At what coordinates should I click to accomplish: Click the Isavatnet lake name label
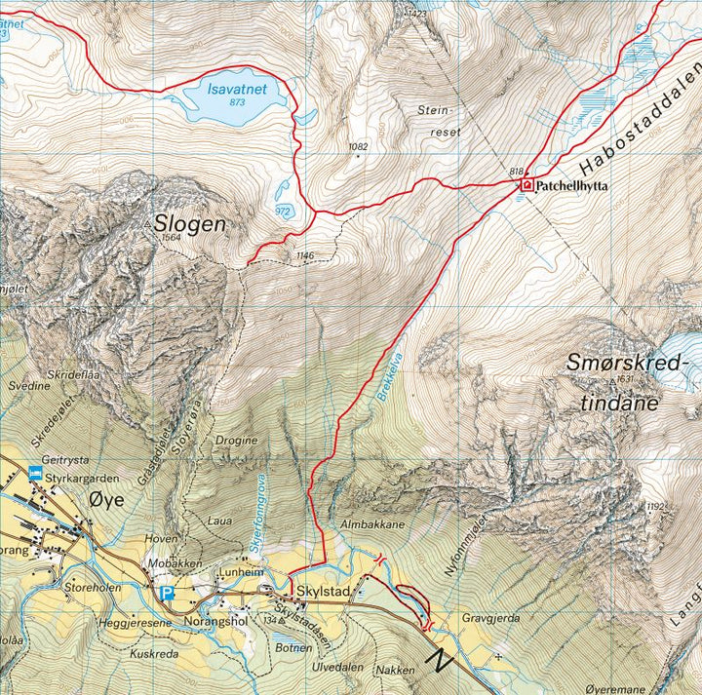239,87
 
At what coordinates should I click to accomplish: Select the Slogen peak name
189,223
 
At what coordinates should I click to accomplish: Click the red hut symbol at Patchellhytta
526,184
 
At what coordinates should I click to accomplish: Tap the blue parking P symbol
167,593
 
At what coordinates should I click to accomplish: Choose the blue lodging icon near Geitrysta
36,474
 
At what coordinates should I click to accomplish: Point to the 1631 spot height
624,380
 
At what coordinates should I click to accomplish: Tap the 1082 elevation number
358,147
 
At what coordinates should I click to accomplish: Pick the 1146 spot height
305,256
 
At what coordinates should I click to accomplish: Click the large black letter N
442,662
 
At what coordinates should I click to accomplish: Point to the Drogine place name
237,440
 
